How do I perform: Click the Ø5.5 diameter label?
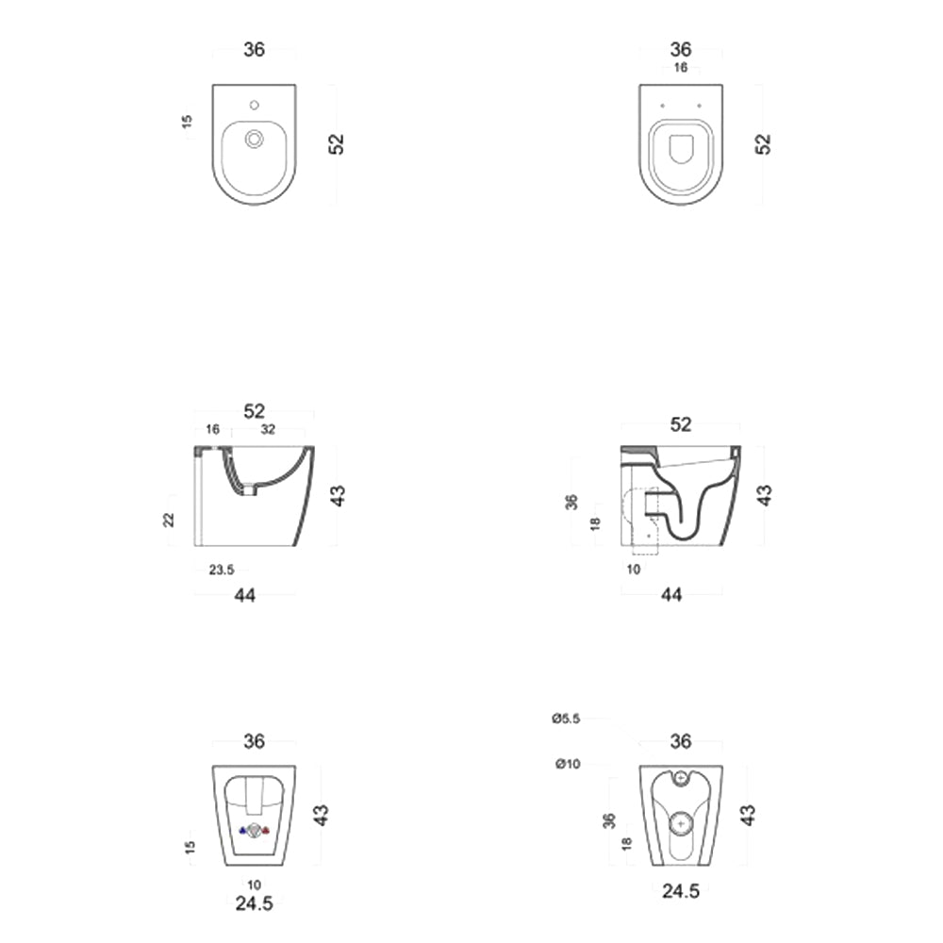coord(566,719)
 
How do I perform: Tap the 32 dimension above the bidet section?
coord(268,429)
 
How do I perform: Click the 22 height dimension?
coord(170,520)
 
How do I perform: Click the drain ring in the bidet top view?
coord(254,140)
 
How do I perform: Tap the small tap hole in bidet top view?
coord(254,104)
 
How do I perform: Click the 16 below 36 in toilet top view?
coord(680,68)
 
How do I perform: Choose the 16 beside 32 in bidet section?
coord(212,429)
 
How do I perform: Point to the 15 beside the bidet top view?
coord(187,122)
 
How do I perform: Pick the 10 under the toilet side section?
coord(634,569)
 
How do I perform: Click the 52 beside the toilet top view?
coord(763,143)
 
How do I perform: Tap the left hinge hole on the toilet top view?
coord(663,105)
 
